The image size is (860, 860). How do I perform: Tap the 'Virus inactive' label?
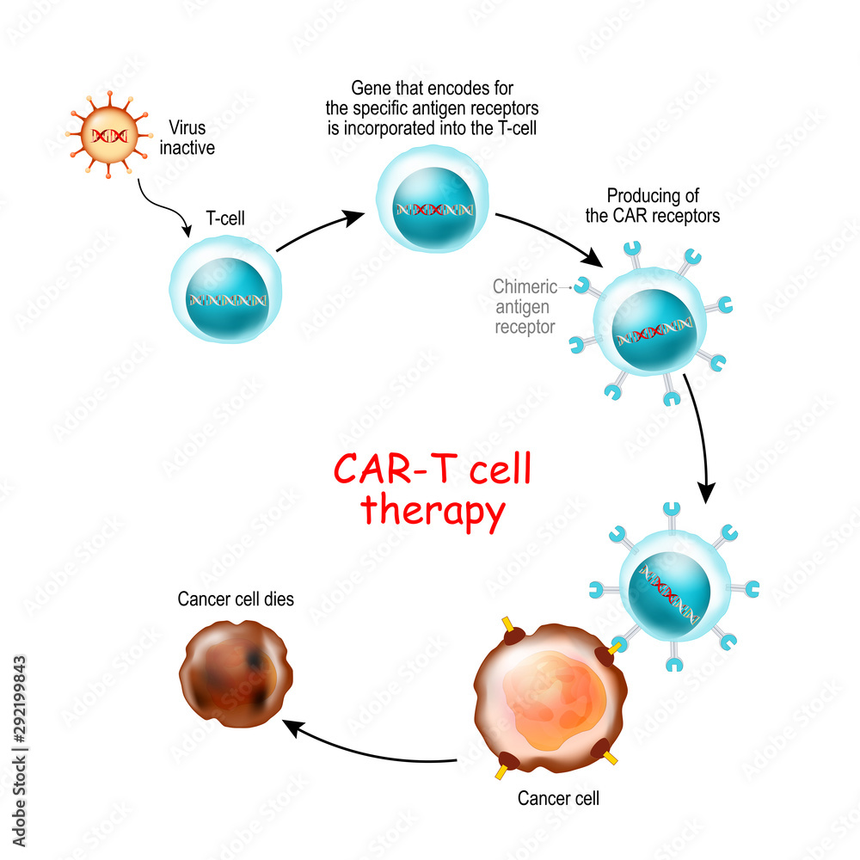[187, 138]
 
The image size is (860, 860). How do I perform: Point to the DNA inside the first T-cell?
[227, 300]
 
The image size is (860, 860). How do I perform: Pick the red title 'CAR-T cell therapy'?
[433, 489]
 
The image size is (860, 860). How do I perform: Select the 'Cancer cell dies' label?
[236, 599]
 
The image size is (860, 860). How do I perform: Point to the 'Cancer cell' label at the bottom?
[558, 798]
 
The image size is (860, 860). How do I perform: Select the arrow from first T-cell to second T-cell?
[318, 230]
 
